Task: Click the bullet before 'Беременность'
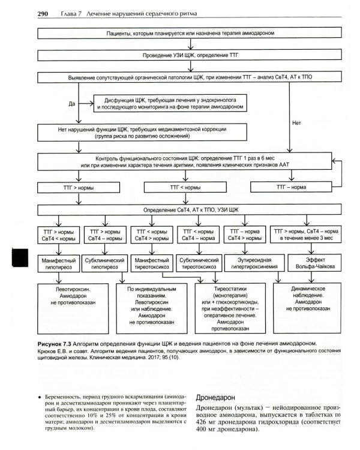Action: tap(39, 397)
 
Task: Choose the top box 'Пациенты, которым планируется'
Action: tap(187, 34)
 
